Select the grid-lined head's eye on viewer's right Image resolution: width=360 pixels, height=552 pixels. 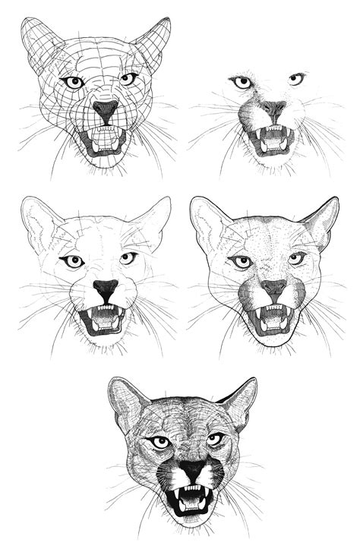pyautogui.click(x=128, y=78)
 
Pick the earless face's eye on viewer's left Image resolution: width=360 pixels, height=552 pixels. pyautogui.click(x=242, y=82)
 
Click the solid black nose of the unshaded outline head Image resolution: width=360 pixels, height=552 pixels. pyautogui.click(x=106, y=288)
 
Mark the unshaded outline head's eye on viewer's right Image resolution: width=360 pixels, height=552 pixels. pyautogui.click(x=128, y=259)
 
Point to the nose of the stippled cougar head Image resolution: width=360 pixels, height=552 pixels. pyautogui.click(x=274, y=288)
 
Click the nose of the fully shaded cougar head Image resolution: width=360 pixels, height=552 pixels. pyautogui.click(x=191, y=470)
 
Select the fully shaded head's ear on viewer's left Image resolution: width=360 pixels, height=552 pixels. pyautogui.click(x=126, y=400)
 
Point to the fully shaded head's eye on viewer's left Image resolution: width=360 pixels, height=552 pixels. pyautogui.click(x=160, y=442)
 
